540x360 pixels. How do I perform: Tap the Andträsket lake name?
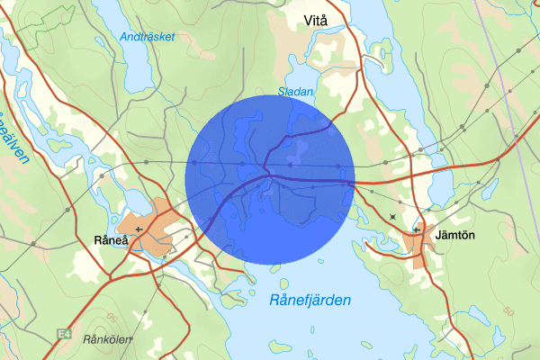[147, 37]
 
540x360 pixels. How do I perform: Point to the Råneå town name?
[112, 240]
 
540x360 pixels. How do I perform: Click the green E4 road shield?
[63, 334]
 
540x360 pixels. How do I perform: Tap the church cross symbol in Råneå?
[138, 229]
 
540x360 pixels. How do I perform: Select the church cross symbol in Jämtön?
[416, 229]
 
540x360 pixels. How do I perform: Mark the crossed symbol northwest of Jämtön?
[392, 216]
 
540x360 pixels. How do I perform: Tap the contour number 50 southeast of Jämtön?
[508, 310]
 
